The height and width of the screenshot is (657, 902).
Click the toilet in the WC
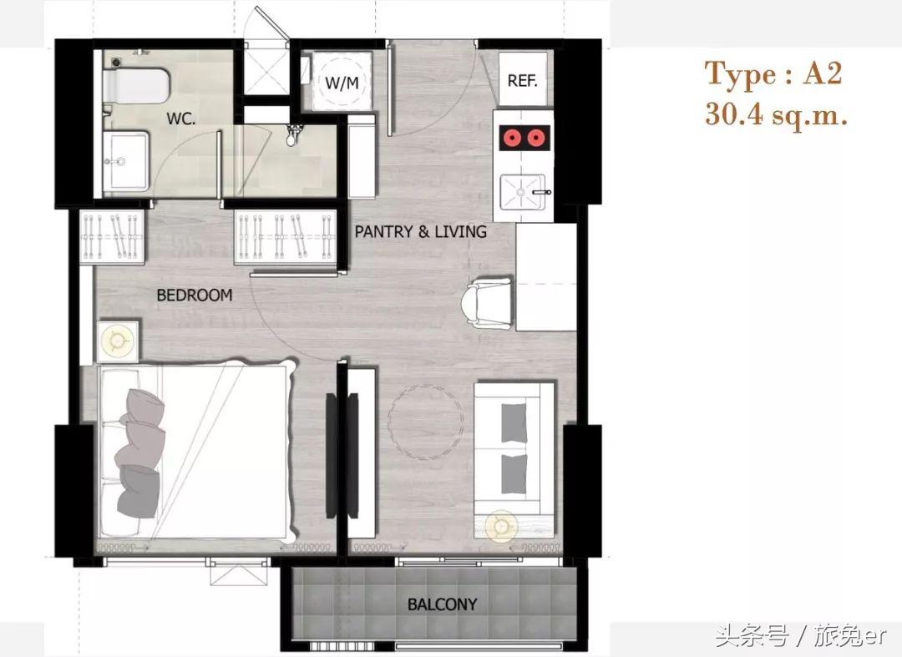136,86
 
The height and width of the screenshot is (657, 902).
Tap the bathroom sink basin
125,160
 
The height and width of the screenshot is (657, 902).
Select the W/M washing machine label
342,83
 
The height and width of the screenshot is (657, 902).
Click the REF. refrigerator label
522,80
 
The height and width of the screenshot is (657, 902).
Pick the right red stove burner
535,138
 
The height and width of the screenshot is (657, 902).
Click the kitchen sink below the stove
523,191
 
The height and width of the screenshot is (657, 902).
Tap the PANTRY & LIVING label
420,231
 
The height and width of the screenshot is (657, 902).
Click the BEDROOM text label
195,296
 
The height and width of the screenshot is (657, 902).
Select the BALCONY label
442,604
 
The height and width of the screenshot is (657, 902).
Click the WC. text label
181,119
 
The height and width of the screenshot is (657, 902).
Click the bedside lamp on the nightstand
118,341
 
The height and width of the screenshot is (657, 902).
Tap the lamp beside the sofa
501,527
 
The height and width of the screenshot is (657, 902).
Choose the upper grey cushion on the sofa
514,422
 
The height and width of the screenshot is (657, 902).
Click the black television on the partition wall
332,455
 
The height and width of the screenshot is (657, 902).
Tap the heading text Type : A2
773,75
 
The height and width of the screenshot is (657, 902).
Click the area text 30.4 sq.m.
777,114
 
